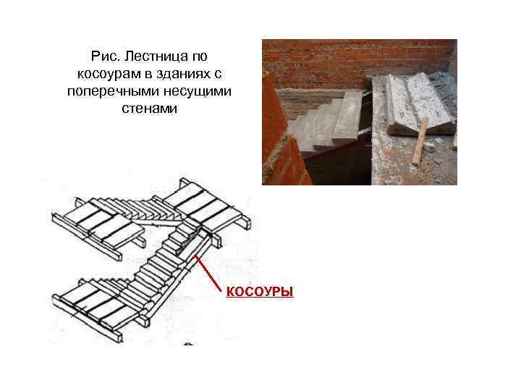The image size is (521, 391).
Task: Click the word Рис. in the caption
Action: [103, 56]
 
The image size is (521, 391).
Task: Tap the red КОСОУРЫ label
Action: [259, 292]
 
